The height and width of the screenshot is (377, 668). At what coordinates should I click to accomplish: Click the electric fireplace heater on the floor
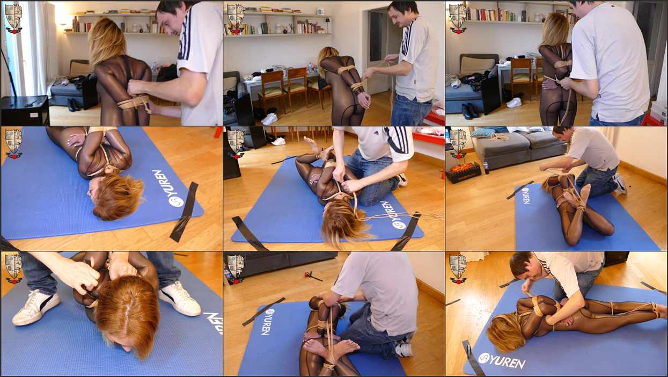(464, 172)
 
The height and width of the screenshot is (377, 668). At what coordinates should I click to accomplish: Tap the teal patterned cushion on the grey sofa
(482, 132)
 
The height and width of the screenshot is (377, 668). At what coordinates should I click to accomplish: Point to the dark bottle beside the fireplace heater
(487, 167)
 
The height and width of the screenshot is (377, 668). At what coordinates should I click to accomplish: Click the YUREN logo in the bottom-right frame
(502, 361)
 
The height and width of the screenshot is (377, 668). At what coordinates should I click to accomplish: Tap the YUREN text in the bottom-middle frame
(266, 322)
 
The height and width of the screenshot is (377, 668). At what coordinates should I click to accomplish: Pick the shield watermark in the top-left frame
(13, 18)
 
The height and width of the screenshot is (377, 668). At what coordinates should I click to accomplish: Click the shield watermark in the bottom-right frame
(458, 269)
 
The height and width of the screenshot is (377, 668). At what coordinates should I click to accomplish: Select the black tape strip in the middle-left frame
(184, 212)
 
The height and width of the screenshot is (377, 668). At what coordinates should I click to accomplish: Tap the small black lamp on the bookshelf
(328, 25)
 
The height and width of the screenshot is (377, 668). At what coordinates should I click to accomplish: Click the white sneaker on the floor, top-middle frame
(269, 119)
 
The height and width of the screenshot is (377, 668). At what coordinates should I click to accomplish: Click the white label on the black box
(34, 115)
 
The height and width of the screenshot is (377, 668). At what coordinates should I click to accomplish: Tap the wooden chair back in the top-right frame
(520, 66)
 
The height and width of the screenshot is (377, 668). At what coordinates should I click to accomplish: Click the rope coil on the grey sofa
(498, 137)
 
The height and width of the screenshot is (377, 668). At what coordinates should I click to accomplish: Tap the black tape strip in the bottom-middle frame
(263, 311)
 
